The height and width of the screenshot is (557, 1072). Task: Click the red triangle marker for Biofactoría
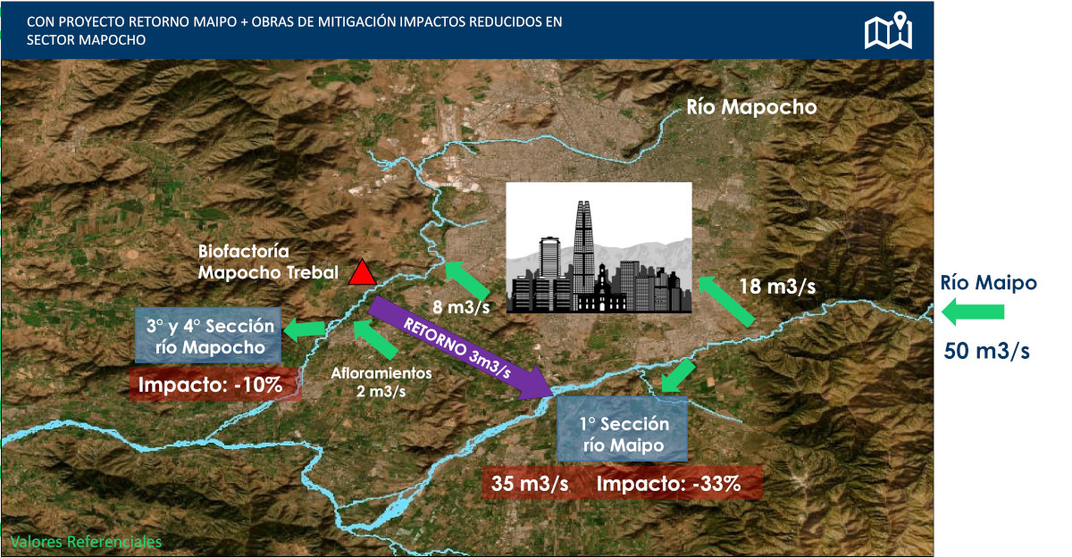click(x=363, y=272)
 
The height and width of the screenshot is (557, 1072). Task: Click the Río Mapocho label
click(x=751, y=107)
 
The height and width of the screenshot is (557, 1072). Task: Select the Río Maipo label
click(x=988, y=283)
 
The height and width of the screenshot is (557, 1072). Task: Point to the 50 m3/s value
click(x=986, y=351)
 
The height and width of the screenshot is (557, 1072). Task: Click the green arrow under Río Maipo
click(x=973, y=312)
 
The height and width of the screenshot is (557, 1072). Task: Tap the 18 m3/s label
click(x=778, y=287)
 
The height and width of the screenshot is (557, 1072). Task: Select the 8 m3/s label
click(x=461, y=307)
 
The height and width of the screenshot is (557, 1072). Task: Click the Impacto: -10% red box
click(x=215, y=384)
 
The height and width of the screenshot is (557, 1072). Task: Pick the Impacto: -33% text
click(x=668, y=484)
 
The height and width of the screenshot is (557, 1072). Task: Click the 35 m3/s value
click(x=530, y=484)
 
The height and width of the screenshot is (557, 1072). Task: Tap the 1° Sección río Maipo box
click(x=622, y=428)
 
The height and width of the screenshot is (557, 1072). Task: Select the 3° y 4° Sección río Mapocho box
click(x=208, y=335)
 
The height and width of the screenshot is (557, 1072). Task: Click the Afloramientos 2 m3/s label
click(x=381, y=382)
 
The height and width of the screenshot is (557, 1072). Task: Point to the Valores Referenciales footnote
click(x=86, y=542)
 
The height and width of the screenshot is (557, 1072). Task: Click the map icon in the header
click(x=888, y=30)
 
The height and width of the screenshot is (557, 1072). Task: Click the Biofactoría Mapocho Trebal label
click(x=268, y=262)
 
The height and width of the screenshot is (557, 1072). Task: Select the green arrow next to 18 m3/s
click(x=726, y=301)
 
